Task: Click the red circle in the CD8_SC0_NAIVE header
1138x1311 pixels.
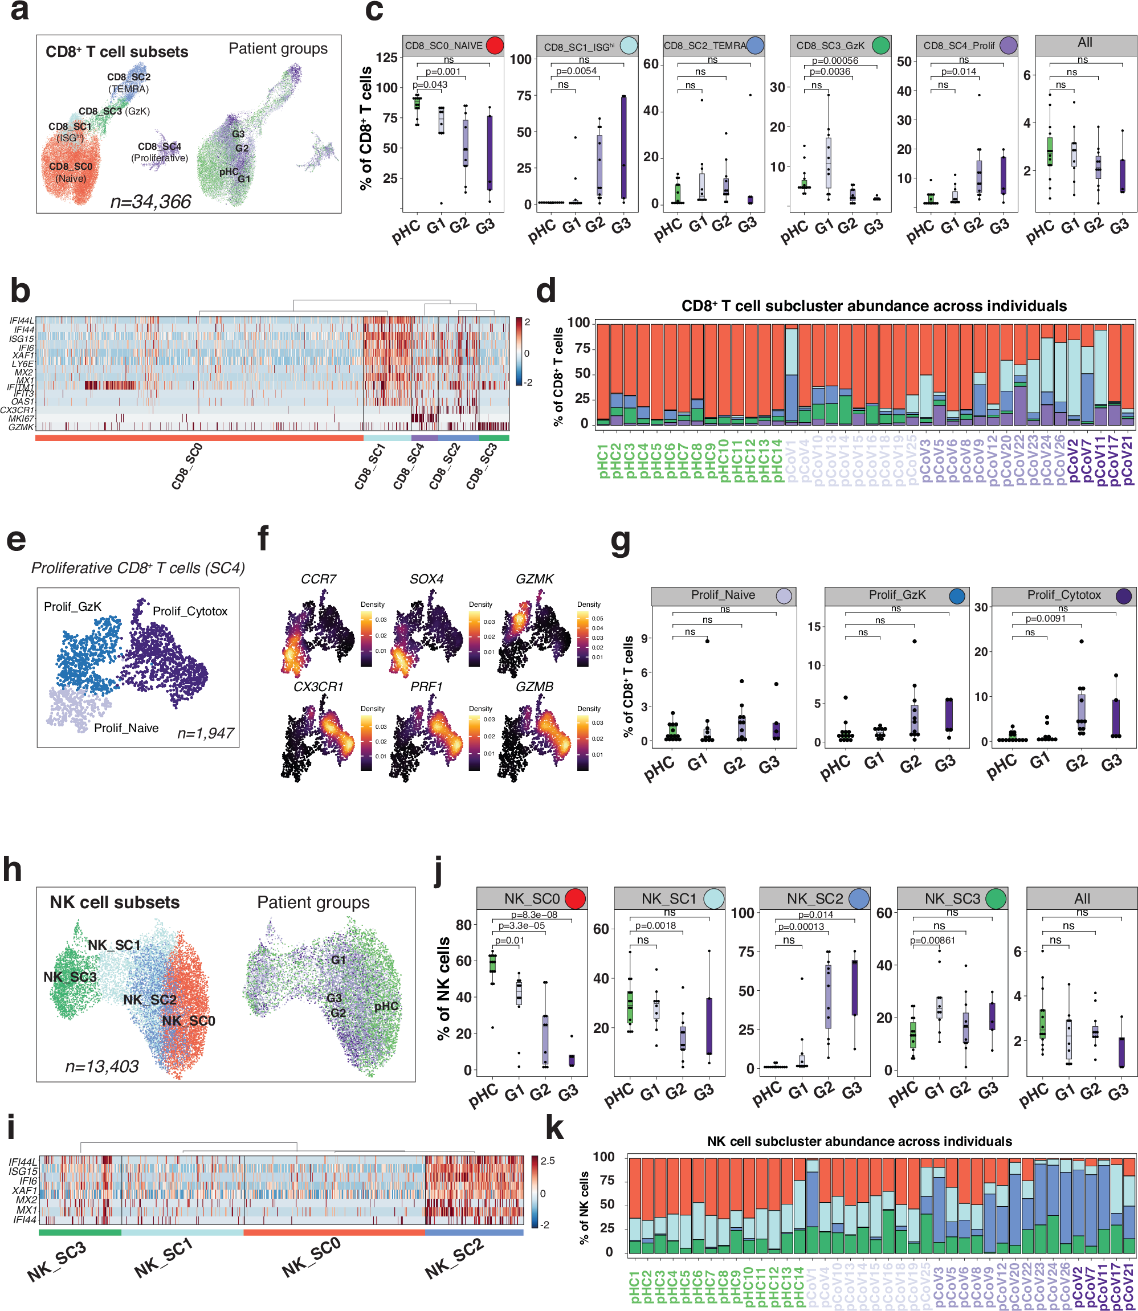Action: pos(494,45)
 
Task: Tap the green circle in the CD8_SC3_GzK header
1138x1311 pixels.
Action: pos(880,45)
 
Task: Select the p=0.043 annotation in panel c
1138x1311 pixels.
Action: pos(430,84)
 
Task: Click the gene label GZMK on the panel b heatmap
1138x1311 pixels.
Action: pos(21,427)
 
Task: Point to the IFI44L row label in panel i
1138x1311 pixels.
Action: pos(23,1162)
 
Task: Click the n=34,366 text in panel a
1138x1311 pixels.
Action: pos(150,202)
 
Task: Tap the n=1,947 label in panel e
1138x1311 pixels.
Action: pos(205,733)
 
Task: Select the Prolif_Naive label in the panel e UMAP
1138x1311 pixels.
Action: pos(127,728)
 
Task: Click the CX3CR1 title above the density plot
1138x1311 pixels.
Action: pos(318,687)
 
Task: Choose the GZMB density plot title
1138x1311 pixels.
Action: pos(534,687)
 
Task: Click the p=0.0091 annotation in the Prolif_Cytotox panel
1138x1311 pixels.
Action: pos(1045,618)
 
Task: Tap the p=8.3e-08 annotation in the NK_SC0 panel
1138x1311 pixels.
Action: pos(534,915)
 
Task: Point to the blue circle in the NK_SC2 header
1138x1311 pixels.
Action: pos(859,898)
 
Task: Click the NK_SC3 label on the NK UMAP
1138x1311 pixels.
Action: pos(70,977)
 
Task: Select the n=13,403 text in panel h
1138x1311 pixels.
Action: pos(101,1066)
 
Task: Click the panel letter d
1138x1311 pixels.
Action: pos(546,291)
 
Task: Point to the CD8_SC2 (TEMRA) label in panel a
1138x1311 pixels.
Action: pos(129,83)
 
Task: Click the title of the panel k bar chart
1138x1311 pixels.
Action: pos(859,1141)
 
